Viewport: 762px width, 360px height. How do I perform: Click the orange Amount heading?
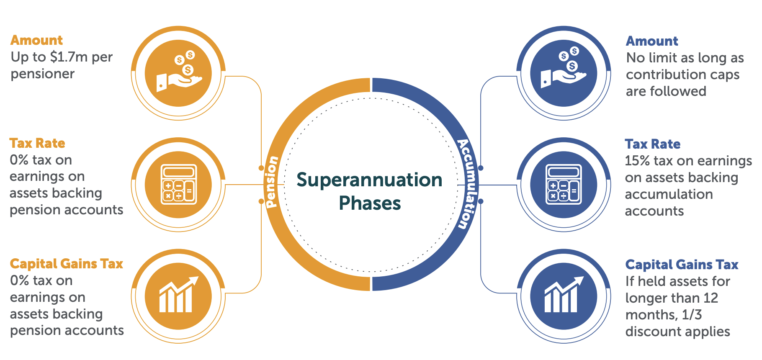(x=37, y=40)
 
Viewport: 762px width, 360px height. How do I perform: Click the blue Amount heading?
(x=652, y=41)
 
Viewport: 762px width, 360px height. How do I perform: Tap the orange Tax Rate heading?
(x=37, y=143)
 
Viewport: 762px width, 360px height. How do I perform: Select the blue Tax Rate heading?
(x=652, y=144)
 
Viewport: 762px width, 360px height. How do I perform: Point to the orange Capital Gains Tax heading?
(x=67, y=264)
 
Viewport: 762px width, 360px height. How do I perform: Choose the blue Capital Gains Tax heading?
(x=682, y=265)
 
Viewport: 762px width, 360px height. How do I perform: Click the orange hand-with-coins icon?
(x=178, y=73)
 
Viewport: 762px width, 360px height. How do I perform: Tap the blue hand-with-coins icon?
(x=564, y=73)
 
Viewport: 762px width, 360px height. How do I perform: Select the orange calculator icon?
(x=179, y=185)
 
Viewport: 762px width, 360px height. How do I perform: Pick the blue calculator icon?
(x=564, y=185)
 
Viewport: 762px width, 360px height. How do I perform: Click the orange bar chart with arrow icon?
(x=178, y=296)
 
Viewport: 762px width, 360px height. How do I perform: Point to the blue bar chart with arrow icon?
(x=564, y=296)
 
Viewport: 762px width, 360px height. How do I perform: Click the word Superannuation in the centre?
(x=369, y=180)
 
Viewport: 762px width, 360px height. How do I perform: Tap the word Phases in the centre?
(x=370, y=203)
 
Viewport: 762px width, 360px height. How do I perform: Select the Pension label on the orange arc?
(x=272, y=182)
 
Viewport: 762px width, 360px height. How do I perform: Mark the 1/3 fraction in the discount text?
(x=692, y=315)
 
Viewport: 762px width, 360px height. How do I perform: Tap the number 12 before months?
(x=711, y=298)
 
